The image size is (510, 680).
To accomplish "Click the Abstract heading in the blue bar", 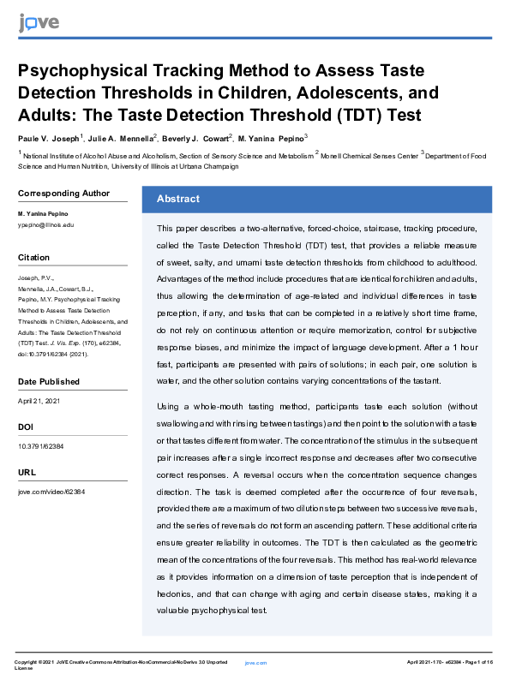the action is (x=177, y=199).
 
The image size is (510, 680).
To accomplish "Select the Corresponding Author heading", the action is (x=63, y=193).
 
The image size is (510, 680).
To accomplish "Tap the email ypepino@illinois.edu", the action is (x=46, y=224).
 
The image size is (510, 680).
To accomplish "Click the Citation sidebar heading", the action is (x=34, y=257).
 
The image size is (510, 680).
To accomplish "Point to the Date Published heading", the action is (x=49, y=381).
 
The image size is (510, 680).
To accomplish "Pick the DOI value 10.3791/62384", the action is (x=40, y=446).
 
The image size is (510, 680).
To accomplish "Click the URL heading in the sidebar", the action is (x=26, y=472).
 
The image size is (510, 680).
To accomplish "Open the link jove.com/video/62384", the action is (x=51, y=492).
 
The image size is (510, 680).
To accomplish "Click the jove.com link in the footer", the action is (x=255, y=663).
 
